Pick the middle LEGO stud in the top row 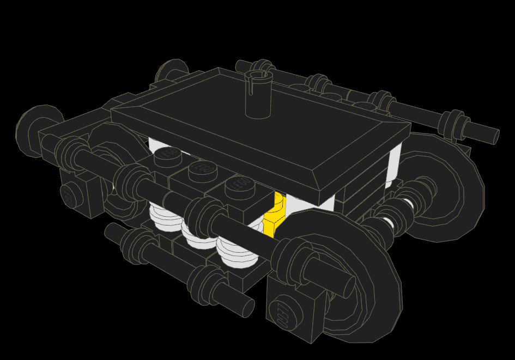click(202, 170)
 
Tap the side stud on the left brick click(68, 196)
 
